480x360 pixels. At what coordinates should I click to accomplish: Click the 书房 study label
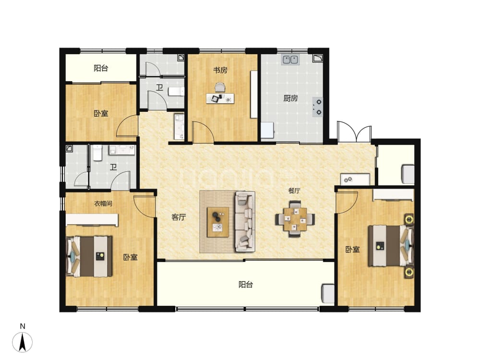click(220, 70)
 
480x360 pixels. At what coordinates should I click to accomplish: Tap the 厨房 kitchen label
click(290, 98)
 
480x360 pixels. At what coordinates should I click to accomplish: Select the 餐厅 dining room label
click(294, 191)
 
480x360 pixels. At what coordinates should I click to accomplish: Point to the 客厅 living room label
click(179, 217)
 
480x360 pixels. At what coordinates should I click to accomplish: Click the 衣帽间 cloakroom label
click(103, 203)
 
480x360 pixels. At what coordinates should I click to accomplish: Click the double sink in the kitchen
click(290, 60)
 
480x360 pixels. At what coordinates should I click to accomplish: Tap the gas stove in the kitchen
click(318, 107)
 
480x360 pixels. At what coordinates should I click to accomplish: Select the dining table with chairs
click(295, 218)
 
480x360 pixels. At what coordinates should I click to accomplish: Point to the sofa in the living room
click(245, 222)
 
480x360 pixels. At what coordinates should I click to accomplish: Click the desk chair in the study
click(219, 87)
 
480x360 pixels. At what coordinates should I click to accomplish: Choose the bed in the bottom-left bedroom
click(89, 256)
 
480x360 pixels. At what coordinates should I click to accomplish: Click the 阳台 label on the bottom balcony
click(245, 285)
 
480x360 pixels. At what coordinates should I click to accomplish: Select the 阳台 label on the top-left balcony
click(101, 68)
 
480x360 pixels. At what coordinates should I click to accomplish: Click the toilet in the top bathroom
click(177, 91)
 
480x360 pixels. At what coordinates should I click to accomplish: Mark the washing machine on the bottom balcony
click(328, 294)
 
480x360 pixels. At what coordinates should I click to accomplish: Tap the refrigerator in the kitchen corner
click(267, 130)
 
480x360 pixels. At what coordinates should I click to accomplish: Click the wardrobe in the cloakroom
click(92, 220)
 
